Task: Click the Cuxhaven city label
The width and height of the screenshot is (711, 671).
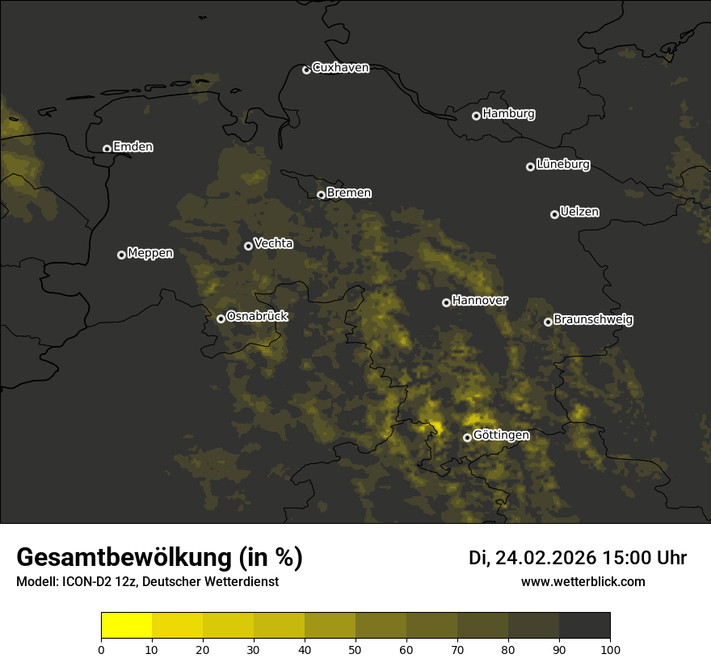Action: [x=340, y=68]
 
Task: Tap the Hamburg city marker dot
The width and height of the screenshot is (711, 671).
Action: [x=476, y=116]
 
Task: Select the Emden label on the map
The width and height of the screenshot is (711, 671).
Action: [x=133, y=147]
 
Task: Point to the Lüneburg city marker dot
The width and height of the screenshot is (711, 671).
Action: [x=530, y=167]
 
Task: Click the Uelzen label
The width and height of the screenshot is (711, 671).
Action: [x=579, y=213]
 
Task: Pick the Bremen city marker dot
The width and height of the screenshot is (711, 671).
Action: [x=321, y=195]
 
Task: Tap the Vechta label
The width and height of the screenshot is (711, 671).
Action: [x=273, y=243]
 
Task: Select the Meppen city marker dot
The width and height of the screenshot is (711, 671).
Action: [x=121, y=255]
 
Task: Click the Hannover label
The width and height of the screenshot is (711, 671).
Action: [x=479, y=301]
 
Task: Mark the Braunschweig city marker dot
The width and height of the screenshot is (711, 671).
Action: [x=548, y=322]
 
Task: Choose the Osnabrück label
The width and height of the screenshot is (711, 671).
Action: [x=256, y=317]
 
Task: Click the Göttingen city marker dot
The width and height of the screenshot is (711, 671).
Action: [x=467, y=437]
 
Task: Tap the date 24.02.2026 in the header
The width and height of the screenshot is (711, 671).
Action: [x=545, y=558]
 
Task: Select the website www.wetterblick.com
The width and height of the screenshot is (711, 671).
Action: [x=583, y=582]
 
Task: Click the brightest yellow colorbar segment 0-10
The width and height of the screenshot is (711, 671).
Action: [x=126, y=626]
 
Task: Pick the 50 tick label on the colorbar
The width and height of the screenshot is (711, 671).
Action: [x=355, y=649]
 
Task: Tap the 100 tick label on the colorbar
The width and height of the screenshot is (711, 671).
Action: [x=609, y=649]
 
